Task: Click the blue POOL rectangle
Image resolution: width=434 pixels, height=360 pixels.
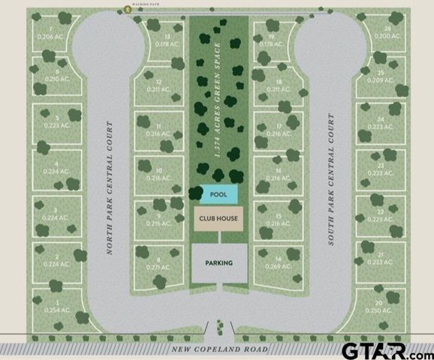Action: click(x=219, y=194)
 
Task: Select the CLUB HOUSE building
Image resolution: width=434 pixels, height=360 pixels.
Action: click(x=219, y=220)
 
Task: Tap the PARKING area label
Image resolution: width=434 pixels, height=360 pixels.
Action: click(x=218, y=263)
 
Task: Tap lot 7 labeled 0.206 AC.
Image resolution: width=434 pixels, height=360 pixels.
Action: click(x=52, y=31)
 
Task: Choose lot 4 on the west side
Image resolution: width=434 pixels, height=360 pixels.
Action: click(x=56, y=167)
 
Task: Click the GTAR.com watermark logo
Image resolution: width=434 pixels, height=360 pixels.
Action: click(x=385, y=349)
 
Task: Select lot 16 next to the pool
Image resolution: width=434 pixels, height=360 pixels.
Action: click(x=279, y=175)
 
